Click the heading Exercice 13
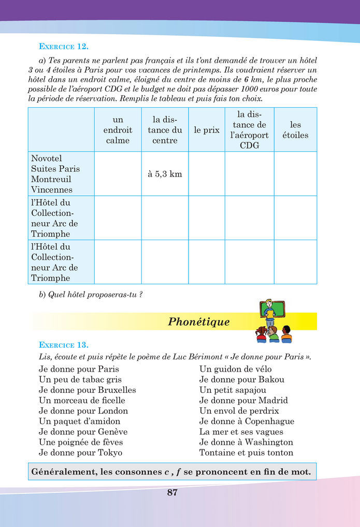click(64, 345)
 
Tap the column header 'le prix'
click(207, 130)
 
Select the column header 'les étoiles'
click(295, 130)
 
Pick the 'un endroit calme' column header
click(118, 130)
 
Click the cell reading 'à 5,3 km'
click(165, 174)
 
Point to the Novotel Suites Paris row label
click(55, 174)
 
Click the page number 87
click(172, 492)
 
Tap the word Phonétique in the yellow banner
click(199, 322)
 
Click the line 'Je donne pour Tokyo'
click(81, 452)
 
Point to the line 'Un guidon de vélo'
click(235, 369)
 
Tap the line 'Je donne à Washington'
click(246, 442)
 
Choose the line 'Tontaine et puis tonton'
click(246, 452)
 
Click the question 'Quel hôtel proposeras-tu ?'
click(91, 295)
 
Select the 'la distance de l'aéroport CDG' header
click(249, 129)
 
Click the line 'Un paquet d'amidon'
click(79, 421)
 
